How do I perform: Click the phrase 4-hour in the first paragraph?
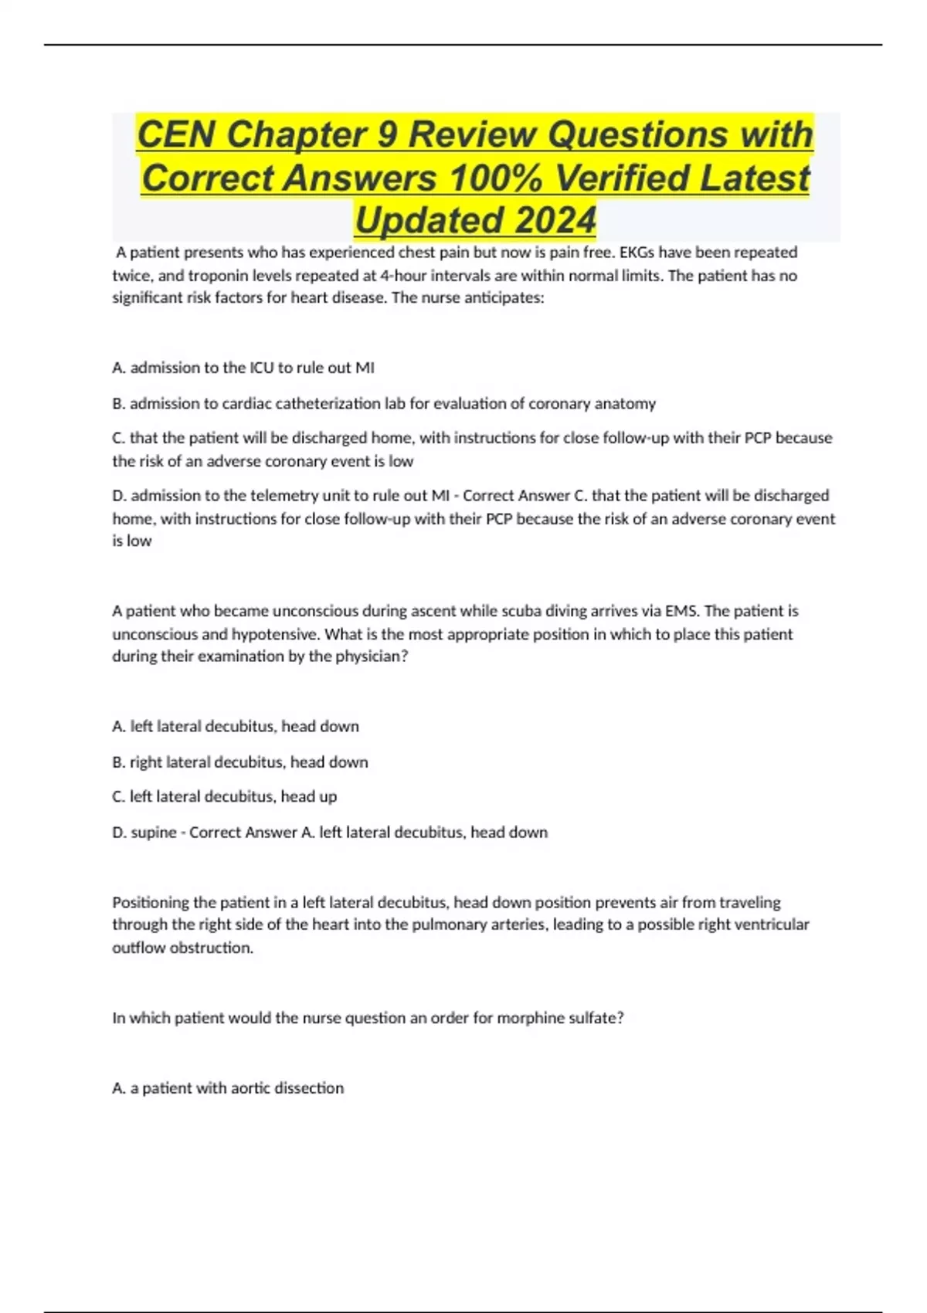[402, 276]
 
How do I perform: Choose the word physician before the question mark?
[367, 656]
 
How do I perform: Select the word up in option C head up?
[328, 796]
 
